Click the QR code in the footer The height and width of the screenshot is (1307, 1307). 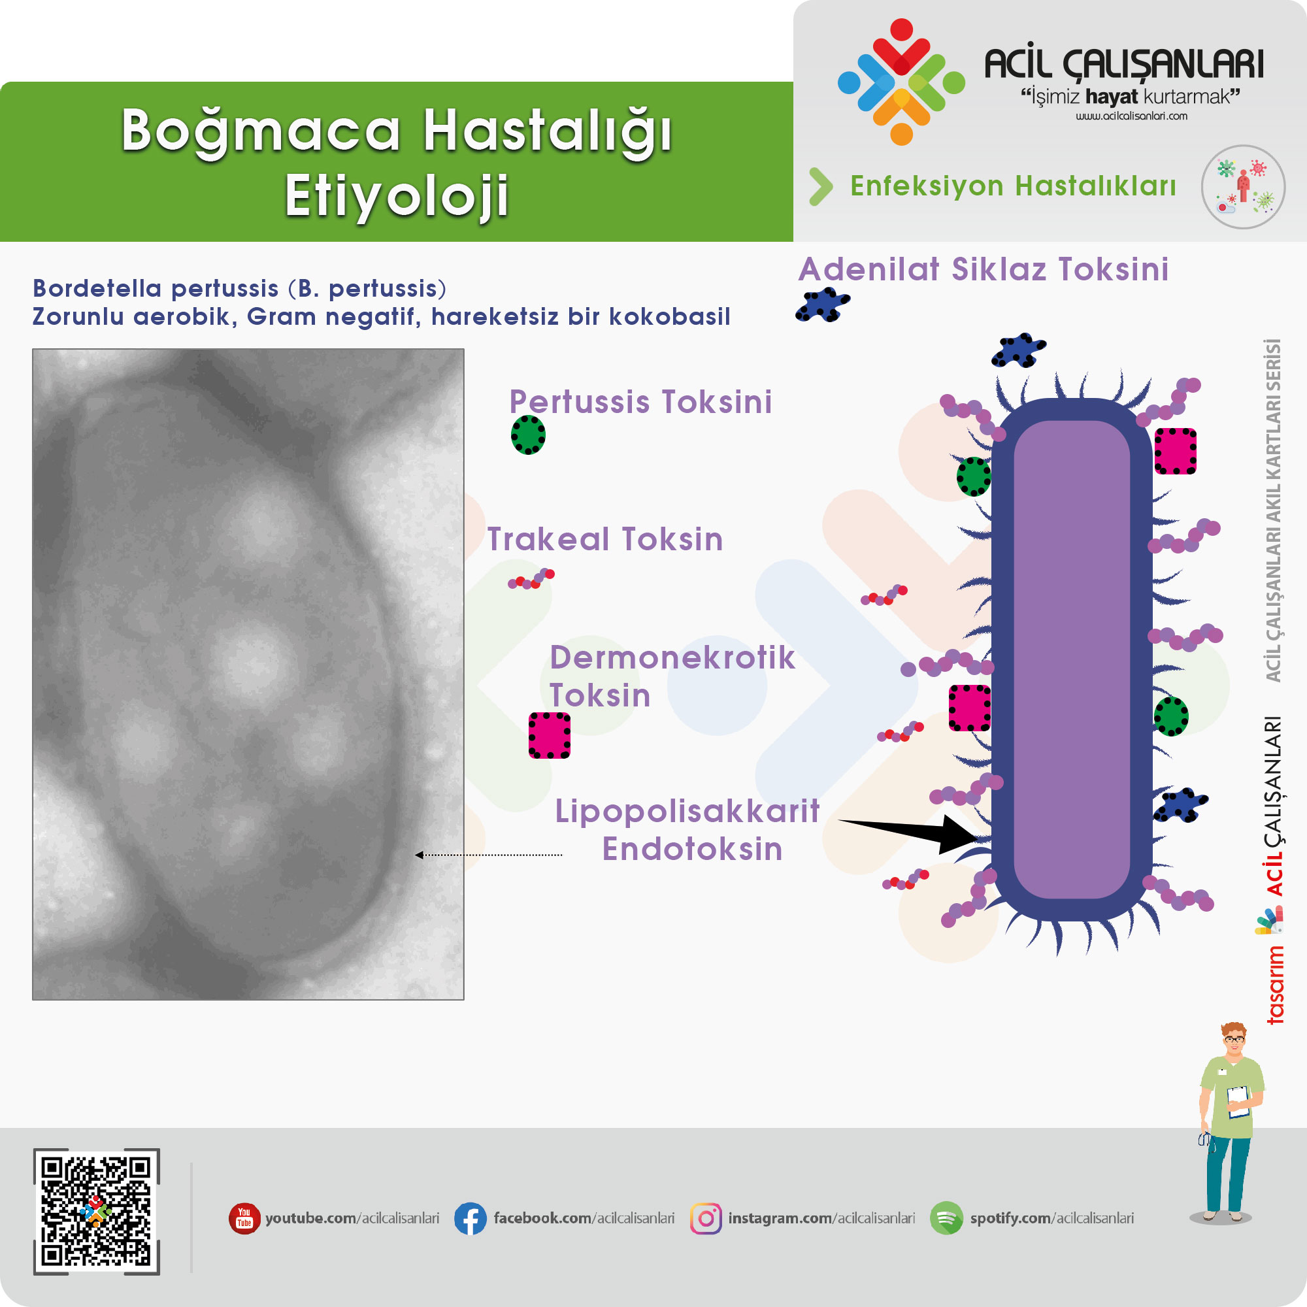97,1211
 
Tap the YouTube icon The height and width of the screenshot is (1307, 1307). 244,1218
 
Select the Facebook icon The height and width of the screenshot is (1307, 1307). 470,1218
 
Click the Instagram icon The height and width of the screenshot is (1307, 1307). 706,1218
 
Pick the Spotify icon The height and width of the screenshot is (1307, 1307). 946,1218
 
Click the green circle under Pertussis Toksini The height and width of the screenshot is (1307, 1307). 527,435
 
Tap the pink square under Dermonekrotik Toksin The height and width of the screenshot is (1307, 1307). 550,735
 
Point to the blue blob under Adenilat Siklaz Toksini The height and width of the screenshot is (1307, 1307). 823,305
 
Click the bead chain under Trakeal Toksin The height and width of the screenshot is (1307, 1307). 532,579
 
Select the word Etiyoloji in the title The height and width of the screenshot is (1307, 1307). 397,195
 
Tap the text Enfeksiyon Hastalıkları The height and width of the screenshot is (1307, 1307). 1013,186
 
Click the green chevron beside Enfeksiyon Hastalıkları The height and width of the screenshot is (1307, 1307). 821,186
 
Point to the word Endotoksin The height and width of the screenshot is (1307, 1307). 692,849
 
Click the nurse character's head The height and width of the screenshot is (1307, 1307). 1233,1040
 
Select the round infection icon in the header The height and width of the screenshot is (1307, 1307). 1243,187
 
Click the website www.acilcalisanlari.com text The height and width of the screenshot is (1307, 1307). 1131,116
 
